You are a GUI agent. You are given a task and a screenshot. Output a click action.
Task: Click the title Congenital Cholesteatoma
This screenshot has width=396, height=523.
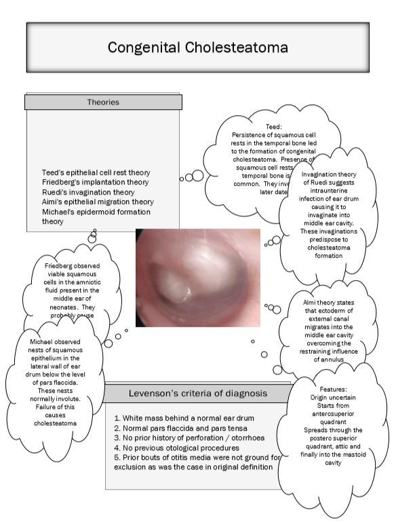[197, 47]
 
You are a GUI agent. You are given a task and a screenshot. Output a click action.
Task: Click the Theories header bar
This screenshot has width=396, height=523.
[103, 102]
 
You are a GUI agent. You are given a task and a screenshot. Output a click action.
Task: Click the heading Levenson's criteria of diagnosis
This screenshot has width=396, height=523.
[198, 393]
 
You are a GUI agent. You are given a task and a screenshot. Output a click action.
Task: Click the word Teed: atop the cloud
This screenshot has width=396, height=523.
[273, 126]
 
